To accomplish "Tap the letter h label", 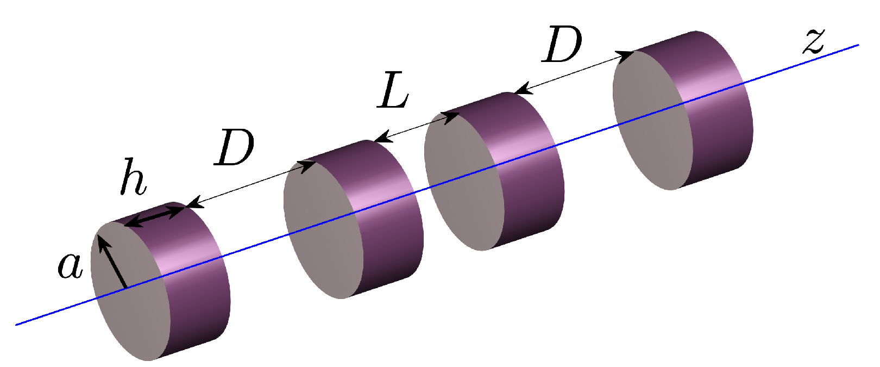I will [133, 177].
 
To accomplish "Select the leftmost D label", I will [234, 147].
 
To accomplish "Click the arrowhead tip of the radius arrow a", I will [100, 238].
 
